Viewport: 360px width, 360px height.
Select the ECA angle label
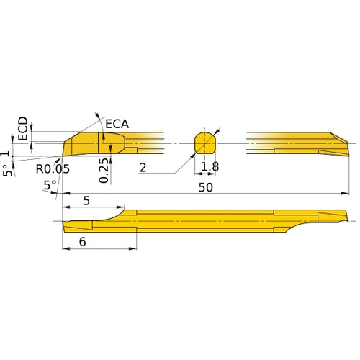117,124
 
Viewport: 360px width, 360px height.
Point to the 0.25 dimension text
105,170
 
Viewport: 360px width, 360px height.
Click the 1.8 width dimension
210,168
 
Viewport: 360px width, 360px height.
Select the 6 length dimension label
83,243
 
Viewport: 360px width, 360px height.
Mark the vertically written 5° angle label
7,170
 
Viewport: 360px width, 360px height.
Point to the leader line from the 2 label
173,166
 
